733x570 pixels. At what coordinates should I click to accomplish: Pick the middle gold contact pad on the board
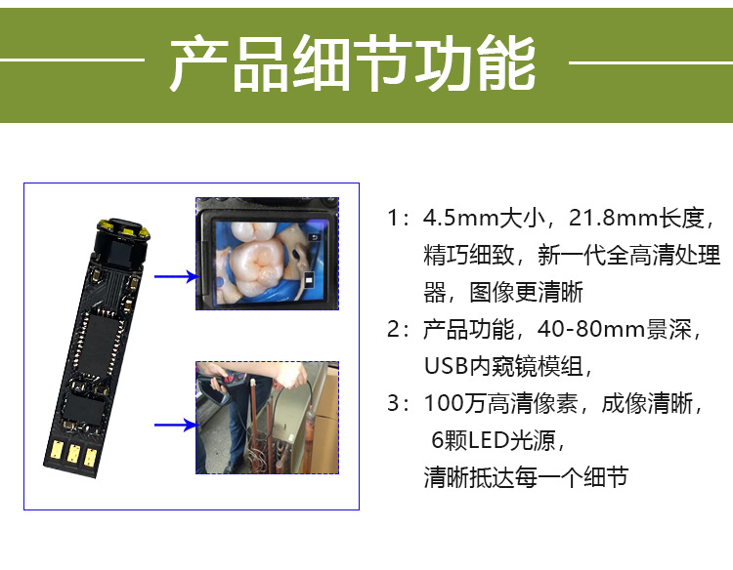(x=71, y=453)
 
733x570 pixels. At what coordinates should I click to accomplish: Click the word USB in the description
(x=445, y=367)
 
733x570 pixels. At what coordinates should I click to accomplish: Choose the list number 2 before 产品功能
(x=395, y=329)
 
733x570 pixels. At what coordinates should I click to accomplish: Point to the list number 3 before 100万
(x=395, y=404)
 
